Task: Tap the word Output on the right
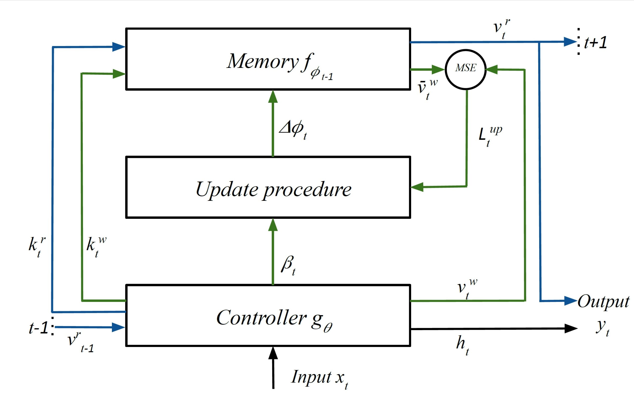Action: click(603, 302)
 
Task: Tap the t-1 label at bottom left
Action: click(38, 328)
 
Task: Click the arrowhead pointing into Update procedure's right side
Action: click(417, 187)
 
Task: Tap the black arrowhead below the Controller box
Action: click(273, 353)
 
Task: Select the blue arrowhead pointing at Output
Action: click(571, 301)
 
